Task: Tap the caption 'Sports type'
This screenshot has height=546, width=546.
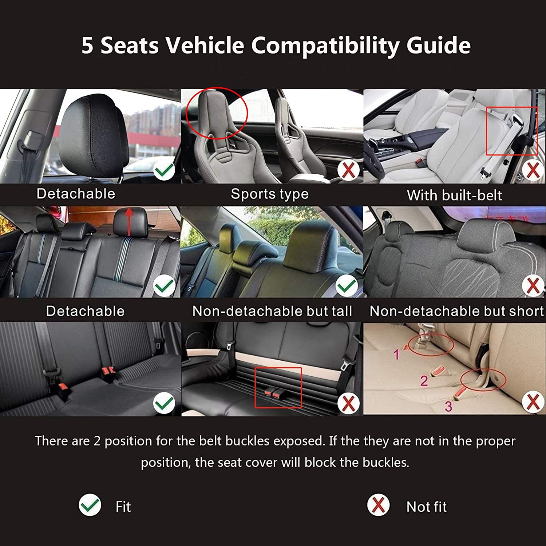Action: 270,194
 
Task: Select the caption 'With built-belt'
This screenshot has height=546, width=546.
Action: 454,195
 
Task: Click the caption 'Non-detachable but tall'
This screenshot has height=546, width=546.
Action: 272,311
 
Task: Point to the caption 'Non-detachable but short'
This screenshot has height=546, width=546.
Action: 456,311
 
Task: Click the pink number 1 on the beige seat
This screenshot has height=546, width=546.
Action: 397,354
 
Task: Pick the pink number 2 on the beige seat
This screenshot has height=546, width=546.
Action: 424,381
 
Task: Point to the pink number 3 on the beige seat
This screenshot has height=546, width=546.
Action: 448,406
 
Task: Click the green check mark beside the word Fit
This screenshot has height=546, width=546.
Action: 90,505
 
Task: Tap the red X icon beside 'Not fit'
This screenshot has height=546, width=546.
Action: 378,505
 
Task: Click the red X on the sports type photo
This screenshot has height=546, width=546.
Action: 348,170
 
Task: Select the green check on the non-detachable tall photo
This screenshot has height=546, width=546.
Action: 347,286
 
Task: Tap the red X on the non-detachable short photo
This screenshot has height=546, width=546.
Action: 533,286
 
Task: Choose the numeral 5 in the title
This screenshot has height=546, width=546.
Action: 87,46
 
